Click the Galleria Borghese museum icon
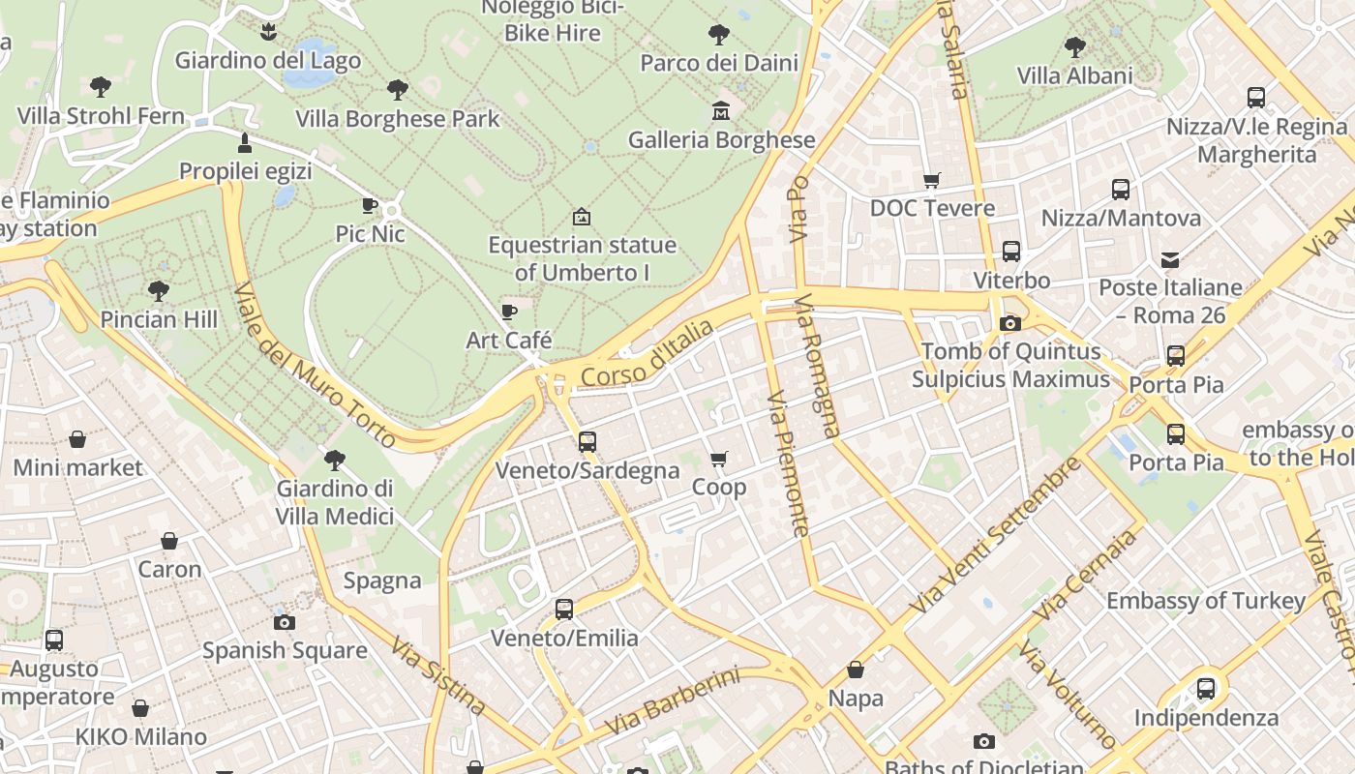(721, 110)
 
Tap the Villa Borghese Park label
(398, 119)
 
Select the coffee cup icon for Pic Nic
(369, 204)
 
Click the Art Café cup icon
(509, 312)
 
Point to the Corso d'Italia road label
(647, 355)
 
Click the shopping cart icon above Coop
(718, 459)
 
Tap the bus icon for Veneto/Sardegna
(587, 442)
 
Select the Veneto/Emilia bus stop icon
(564, 610)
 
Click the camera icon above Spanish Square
(285, 622)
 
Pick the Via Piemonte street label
(788, 463)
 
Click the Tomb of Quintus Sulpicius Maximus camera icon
(1010, 323)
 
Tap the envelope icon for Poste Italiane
(1170, 259)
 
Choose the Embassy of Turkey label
(1206, 601)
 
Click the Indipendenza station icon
(1206, 689)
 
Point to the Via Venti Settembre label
(996, 535)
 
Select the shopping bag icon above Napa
(856, 670)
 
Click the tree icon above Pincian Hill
(159, 290)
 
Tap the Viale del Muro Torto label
(315, 366)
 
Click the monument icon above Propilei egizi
(245, 143)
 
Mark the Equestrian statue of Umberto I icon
(582, 217)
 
